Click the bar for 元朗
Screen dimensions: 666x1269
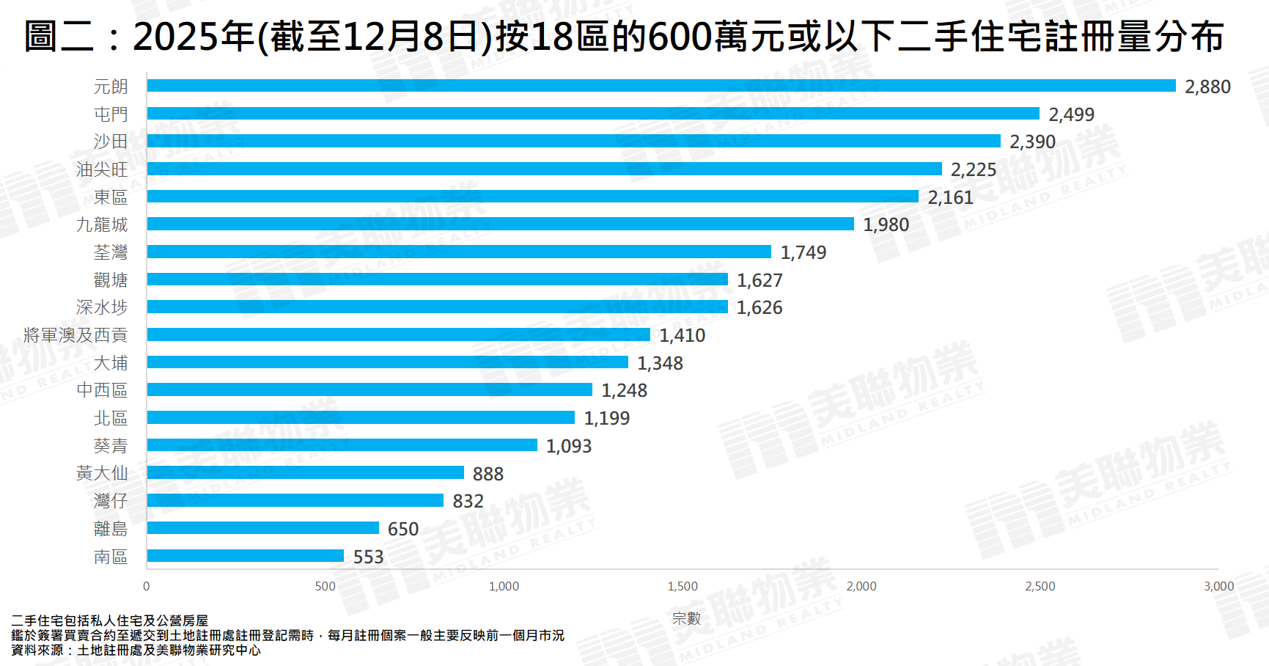[660, 86]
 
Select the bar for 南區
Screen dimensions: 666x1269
[246, 556]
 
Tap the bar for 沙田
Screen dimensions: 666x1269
[573, 141]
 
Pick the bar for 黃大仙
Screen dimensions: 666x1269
[305, 473]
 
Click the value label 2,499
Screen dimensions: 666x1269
[1071, 114]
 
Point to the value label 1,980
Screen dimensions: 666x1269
[886, 225]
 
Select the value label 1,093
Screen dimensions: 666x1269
[569, 446]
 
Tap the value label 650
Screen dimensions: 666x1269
[403, 529]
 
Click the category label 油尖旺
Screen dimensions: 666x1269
[102, 169]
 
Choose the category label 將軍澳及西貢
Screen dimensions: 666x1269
[76, 335]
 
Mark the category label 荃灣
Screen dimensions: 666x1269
[111, 252]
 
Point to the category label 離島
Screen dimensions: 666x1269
[111, 529]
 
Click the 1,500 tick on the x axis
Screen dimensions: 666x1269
[683, 586]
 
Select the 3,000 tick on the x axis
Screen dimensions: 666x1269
[1218, 586]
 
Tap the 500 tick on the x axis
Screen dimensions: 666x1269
[325, 586]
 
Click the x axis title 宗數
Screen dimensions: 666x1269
[686, 618]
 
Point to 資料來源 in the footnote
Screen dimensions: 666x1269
[37, 650]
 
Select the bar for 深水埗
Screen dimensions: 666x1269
[437, 307]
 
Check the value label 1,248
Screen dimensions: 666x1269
[624, 390]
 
